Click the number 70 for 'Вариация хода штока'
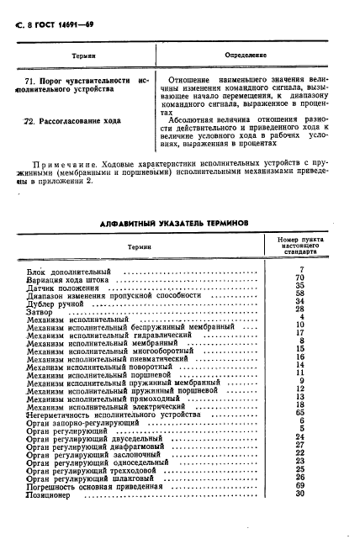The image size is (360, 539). [300, 277]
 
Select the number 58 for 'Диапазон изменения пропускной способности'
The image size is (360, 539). [300, 293]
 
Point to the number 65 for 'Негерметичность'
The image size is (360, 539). [300, 413]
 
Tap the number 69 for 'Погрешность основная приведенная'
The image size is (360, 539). [300, 485]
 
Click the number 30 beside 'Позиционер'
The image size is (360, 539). [300, 494]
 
